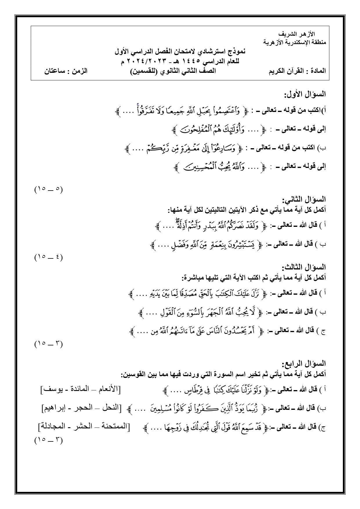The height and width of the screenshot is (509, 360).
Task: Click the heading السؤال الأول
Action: coord(305,94)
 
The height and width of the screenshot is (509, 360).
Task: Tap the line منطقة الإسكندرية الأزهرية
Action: coord(294,42)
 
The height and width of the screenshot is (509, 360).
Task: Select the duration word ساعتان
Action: coord(54,71)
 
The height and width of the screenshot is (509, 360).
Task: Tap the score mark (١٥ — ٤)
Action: coord(48,257)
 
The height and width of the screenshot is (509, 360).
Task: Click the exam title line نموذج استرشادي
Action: coord(180,52)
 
